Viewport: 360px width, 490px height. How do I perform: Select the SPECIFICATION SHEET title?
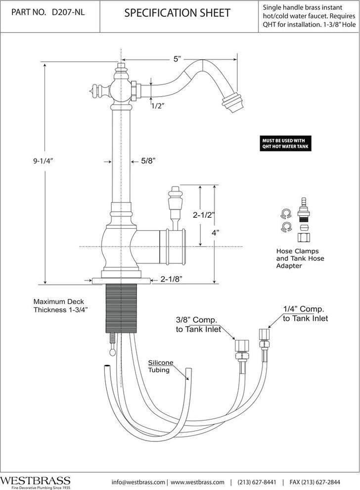click(177, 13)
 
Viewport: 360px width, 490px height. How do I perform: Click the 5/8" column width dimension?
click(148, 161)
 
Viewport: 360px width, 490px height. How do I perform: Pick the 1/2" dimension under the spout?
click(157, 105)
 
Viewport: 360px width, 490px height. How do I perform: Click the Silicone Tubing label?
click(159, 366)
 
